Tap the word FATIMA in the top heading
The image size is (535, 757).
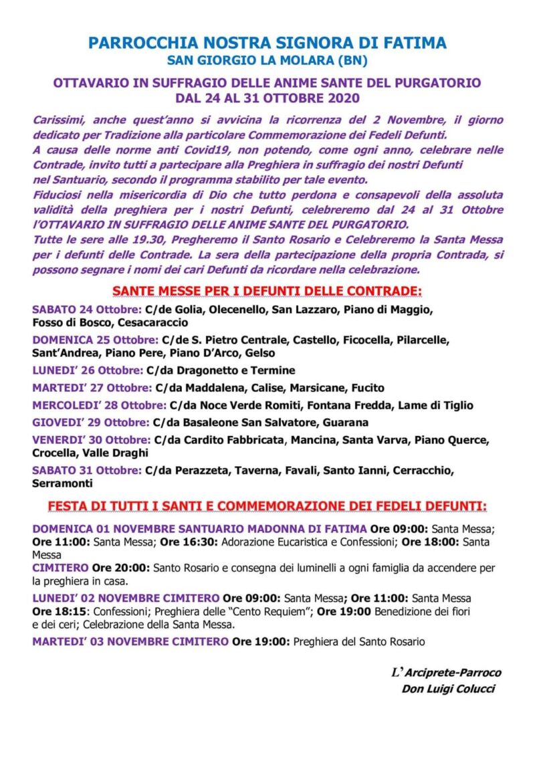414,44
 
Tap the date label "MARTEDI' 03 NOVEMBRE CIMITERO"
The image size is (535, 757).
130,642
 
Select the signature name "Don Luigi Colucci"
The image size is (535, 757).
448,689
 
